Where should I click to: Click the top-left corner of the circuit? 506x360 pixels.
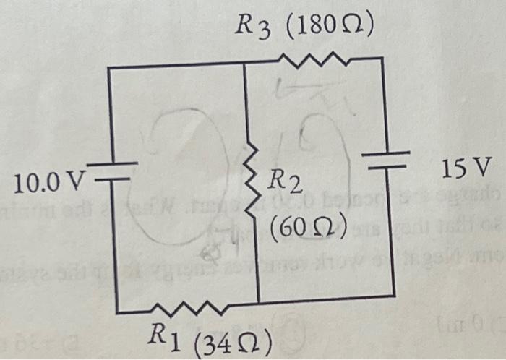click(x=108, y=67)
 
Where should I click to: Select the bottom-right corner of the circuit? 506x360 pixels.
click(x=395, y=295)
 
